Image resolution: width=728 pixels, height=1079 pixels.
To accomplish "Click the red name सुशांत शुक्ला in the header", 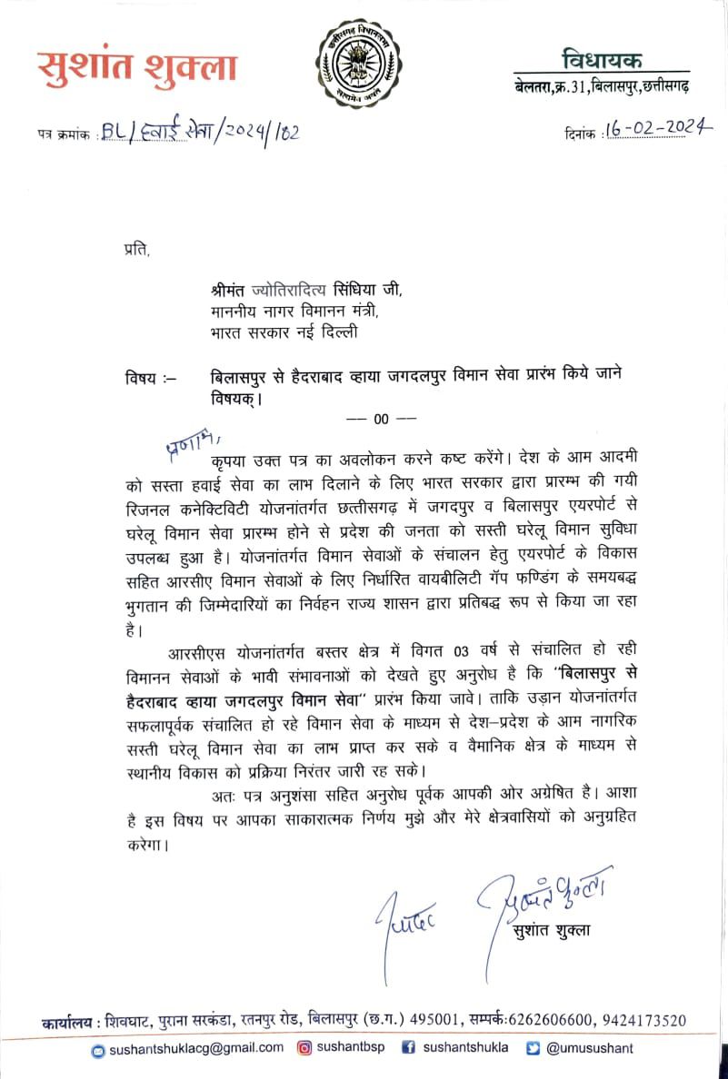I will tap(137, 67).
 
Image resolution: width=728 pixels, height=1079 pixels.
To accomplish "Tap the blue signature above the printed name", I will tap(544, 898).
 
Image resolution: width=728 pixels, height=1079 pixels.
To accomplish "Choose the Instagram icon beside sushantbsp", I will tap(305, 1048).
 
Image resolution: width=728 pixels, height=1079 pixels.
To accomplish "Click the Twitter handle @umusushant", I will tap(590, 1048).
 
